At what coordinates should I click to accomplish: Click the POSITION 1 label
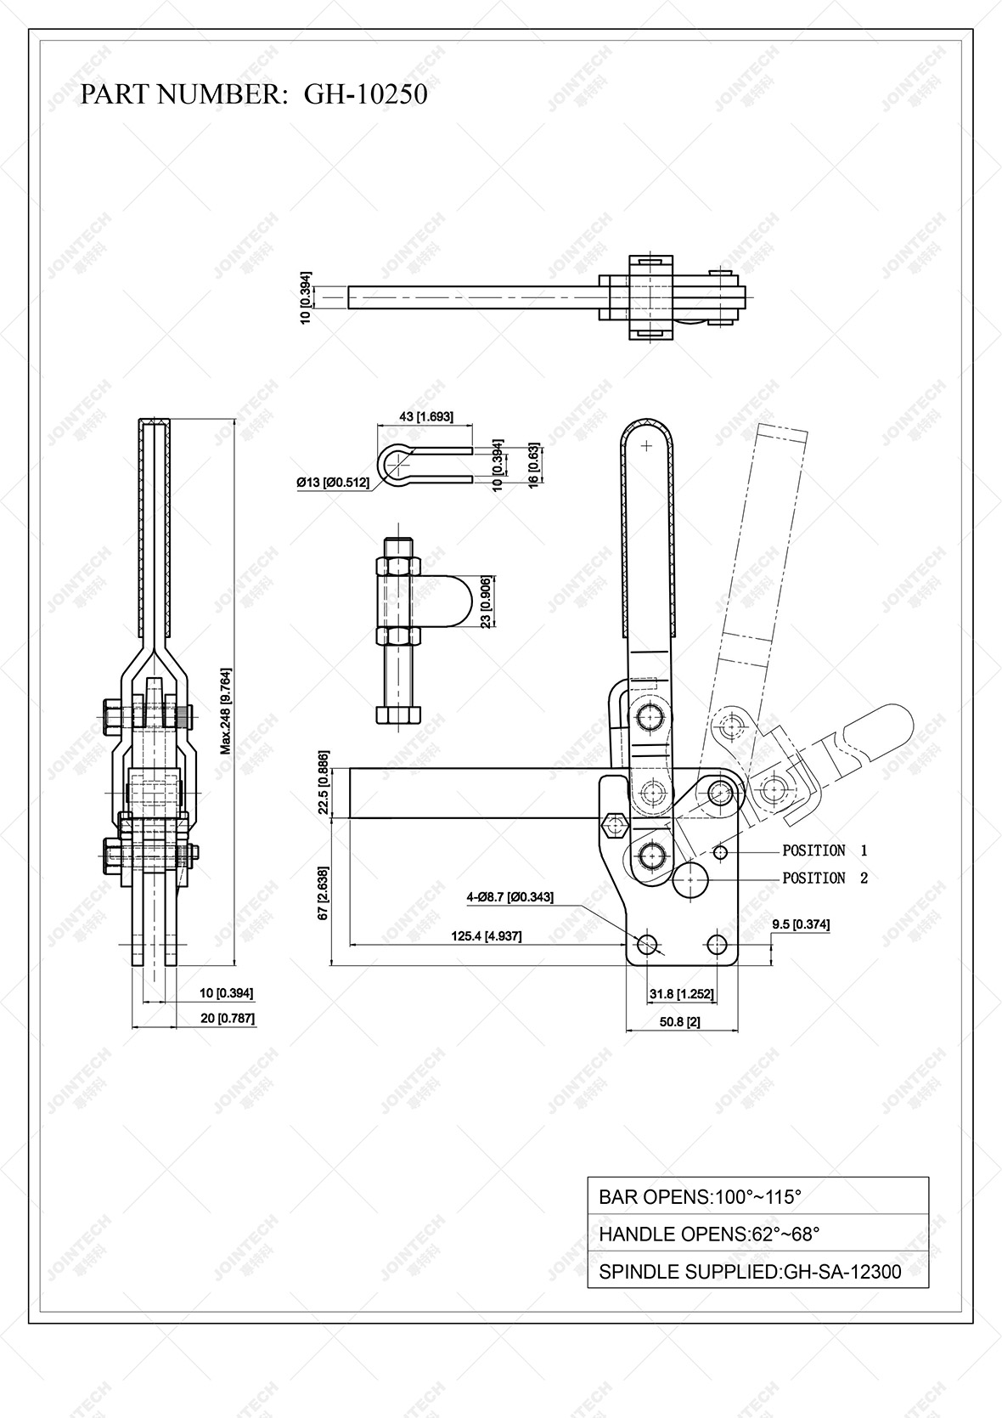coord(825,850)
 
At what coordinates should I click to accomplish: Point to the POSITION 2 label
coord(825,878)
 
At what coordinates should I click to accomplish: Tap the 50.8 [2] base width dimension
coord(680,1021)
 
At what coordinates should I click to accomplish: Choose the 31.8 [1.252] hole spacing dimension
coord(681,994)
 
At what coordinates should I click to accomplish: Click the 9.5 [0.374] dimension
coord(801,924)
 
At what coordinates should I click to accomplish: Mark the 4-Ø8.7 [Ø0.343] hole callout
coord(509,897)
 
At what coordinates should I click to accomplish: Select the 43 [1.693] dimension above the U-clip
coord(426,416)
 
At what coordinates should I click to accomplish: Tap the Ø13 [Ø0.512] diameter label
coord(333,483)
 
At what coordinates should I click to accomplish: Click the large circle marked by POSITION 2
coord(691,879)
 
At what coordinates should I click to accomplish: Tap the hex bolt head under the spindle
coord(396,713)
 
